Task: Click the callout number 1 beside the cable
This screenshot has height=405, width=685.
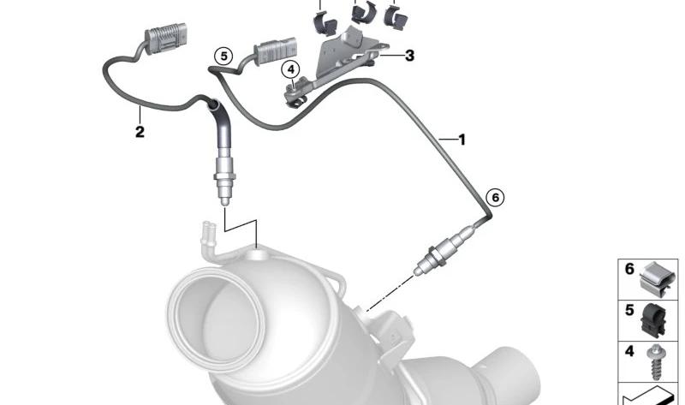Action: point(462,139)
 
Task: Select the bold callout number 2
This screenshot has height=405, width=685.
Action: point(139,131)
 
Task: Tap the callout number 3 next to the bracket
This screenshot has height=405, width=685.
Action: point(409,56)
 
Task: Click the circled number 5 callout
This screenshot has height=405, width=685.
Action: point(223,57)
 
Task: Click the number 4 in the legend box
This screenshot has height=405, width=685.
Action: point(629,351)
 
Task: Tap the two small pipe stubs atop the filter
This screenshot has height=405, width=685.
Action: point(208,232)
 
